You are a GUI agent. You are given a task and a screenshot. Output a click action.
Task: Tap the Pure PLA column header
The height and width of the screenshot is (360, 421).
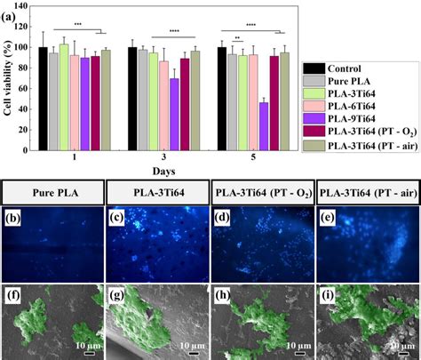[x=54, y=192]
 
